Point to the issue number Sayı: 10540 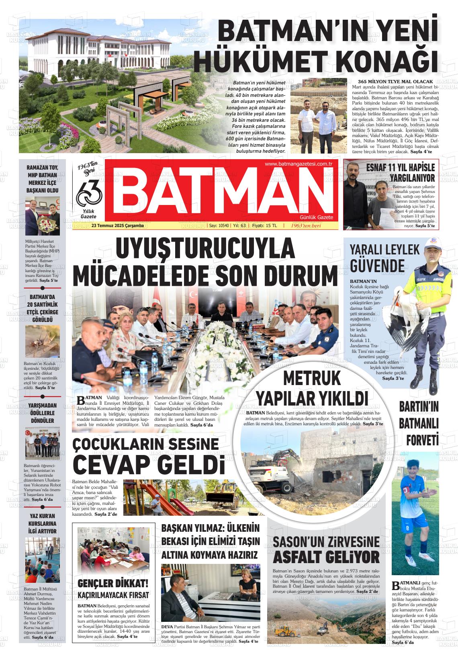click(x=219, y=226)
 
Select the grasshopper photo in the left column click(x=42, y=341)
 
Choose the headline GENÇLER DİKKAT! click(x=113, y=583)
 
